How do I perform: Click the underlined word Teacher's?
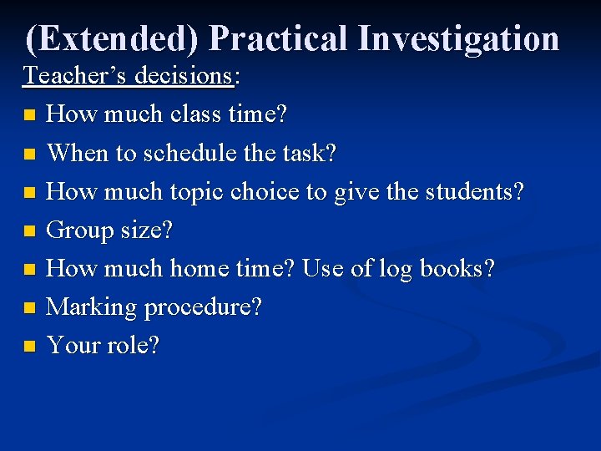pyautogui.click(x=70, y=75)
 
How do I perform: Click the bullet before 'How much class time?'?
pyautogui.click(x=30, y=114)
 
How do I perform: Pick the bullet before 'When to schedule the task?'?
pyautogui.click(x=30, y=153)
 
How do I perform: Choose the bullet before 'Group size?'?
pyautogui.click(x=30, y=231)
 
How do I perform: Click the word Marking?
pyautogui.click(x=91, y=307)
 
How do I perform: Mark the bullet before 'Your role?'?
pyautogui.click(x=30, y=346)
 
